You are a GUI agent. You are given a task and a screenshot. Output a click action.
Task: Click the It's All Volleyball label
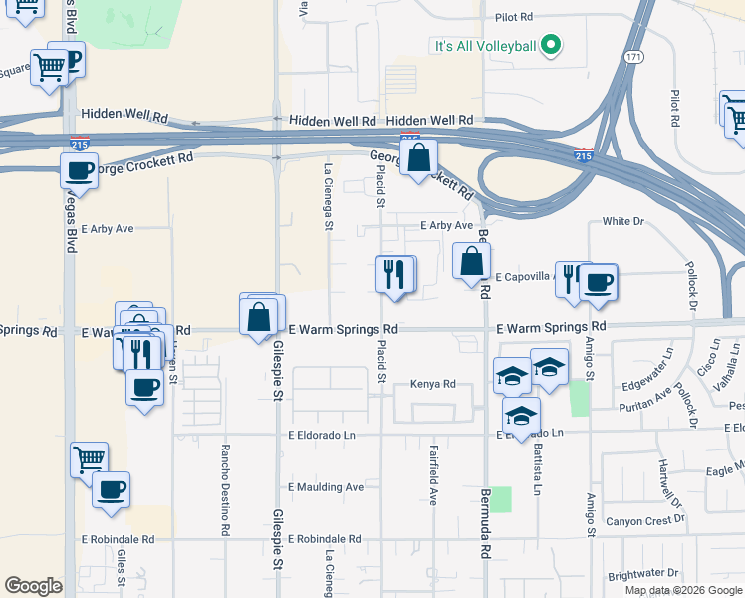pos(484,46)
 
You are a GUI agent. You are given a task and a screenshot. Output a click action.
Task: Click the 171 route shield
pos(633,59)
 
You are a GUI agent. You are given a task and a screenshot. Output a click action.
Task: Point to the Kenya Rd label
pos(432,384)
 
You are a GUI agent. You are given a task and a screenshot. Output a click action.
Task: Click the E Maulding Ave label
pos(326,487)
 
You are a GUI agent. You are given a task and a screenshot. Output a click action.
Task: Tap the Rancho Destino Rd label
pos(226,484)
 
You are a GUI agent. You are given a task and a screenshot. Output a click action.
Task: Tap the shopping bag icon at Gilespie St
pos(260,316)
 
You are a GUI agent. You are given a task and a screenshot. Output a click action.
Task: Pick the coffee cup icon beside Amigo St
pos(599,282)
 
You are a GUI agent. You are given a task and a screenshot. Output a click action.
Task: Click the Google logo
pos(33,586)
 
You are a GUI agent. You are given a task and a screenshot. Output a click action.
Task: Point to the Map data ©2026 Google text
pos(682,590)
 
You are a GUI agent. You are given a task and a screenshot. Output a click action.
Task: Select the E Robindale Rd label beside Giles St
pos(119,539)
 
